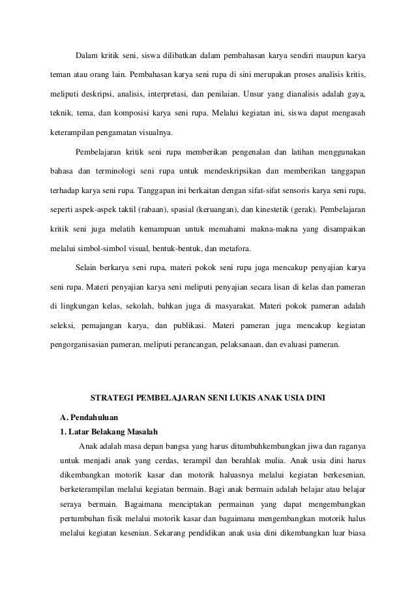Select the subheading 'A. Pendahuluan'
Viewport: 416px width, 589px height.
tap(89, 416)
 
